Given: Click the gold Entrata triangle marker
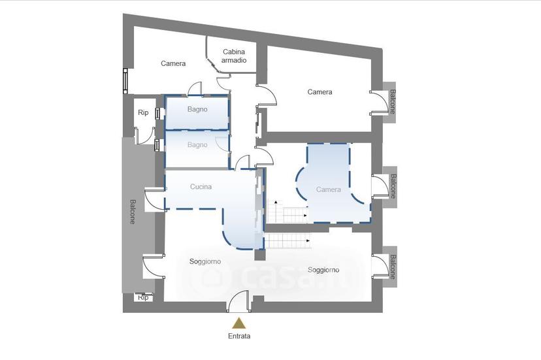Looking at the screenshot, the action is [238, 323].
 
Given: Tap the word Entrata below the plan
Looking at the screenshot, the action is [239, 336].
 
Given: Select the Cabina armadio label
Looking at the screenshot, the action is [234, 56].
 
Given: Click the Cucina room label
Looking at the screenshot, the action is [201, 187].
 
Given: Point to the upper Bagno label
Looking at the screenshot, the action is [197, 109].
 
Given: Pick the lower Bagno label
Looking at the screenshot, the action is [197, 145].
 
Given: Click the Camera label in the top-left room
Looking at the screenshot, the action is [173, 63].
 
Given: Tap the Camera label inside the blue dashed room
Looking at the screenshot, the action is [329, 189].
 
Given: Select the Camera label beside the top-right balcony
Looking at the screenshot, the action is [320, 92].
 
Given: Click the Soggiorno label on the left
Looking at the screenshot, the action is [205, 261].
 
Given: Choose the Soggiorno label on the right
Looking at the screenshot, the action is [323, 270].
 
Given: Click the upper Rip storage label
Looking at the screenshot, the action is [143, 112].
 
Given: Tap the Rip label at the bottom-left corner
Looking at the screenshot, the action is [144, 297].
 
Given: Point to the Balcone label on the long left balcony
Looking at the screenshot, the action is [133, 212].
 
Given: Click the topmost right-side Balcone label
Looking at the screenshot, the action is [393, 102].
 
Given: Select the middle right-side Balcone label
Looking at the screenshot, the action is [393, 186].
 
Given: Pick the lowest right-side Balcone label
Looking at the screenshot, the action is [393, 267].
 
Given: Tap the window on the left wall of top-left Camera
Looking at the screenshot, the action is [125, 81].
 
